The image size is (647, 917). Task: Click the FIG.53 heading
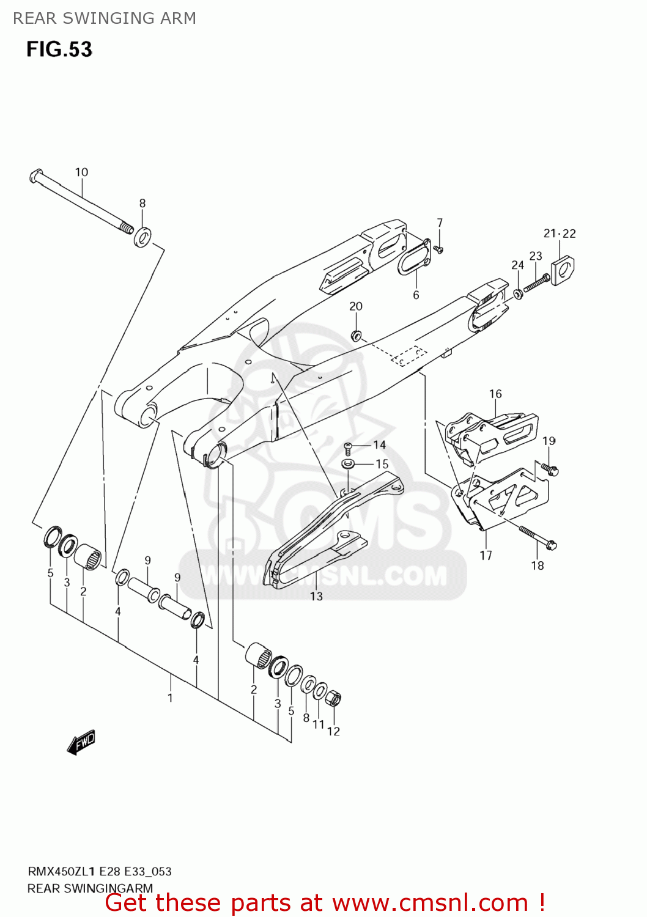[59, 49]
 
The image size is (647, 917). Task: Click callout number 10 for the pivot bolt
[81, 172]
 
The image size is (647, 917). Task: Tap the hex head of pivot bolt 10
[34, 176]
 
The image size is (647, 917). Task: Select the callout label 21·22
[560, 234]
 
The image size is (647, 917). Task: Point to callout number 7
[440, 223]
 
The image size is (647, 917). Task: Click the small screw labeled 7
[438, 249]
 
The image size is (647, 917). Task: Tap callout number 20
[356, 306]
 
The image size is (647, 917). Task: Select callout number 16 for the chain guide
[495, 394]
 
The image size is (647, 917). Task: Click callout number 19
[549, 441]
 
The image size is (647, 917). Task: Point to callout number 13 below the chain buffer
[316, 596]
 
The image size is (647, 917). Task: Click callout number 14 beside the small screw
[379, 445]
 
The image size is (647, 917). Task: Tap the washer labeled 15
[348, 464]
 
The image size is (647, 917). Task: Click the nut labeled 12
[334, 698]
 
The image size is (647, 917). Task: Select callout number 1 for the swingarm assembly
[170, 698]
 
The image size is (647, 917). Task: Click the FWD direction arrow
[81, 743]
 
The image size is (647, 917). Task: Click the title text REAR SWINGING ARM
[105, 18]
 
